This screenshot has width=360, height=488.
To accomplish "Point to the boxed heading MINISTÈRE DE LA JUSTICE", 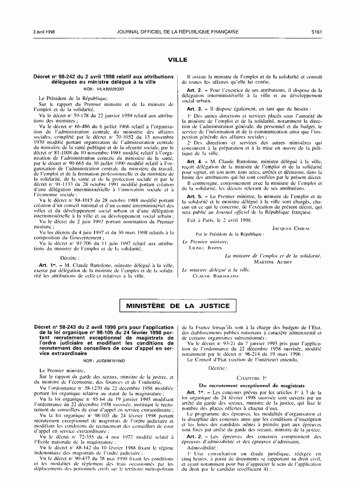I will click(x=178, y=306).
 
